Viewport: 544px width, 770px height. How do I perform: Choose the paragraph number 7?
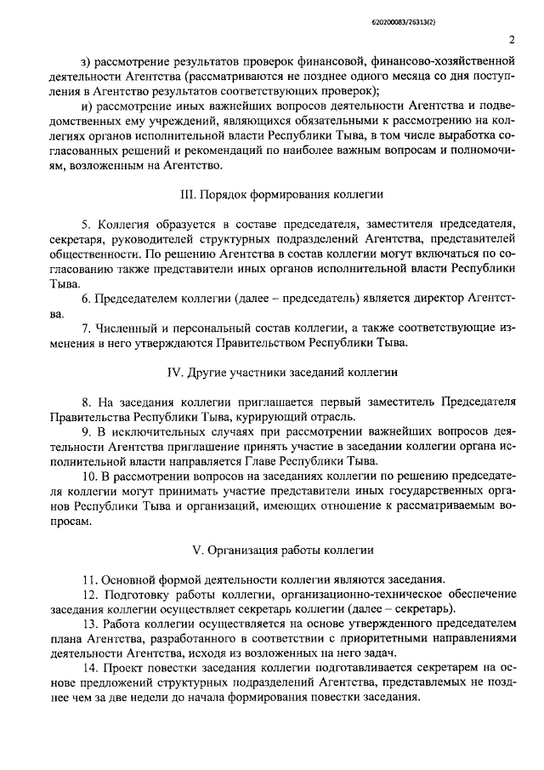(x=86, y=328)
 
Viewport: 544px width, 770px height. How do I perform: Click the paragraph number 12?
(x=89, y=594)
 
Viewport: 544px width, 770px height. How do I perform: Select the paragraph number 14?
(x=89, y=669)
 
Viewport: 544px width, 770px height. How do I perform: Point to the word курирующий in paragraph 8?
(x=303, y=417)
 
